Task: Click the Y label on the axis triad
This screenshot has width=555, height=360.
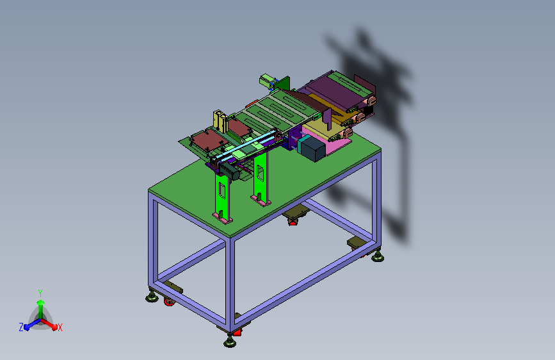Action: pyautogui.click(x=40, y=293)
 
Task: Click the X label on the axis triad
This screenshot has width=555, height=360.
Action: pyautogui.click(x=60, y=327)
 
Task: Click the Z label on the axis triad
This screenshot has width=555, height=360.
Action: pyautogui.click(x=21, y=327)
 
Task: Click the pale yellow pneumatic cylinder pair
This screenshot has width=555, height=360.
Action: pyautogui.click(x=220, y=121)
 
